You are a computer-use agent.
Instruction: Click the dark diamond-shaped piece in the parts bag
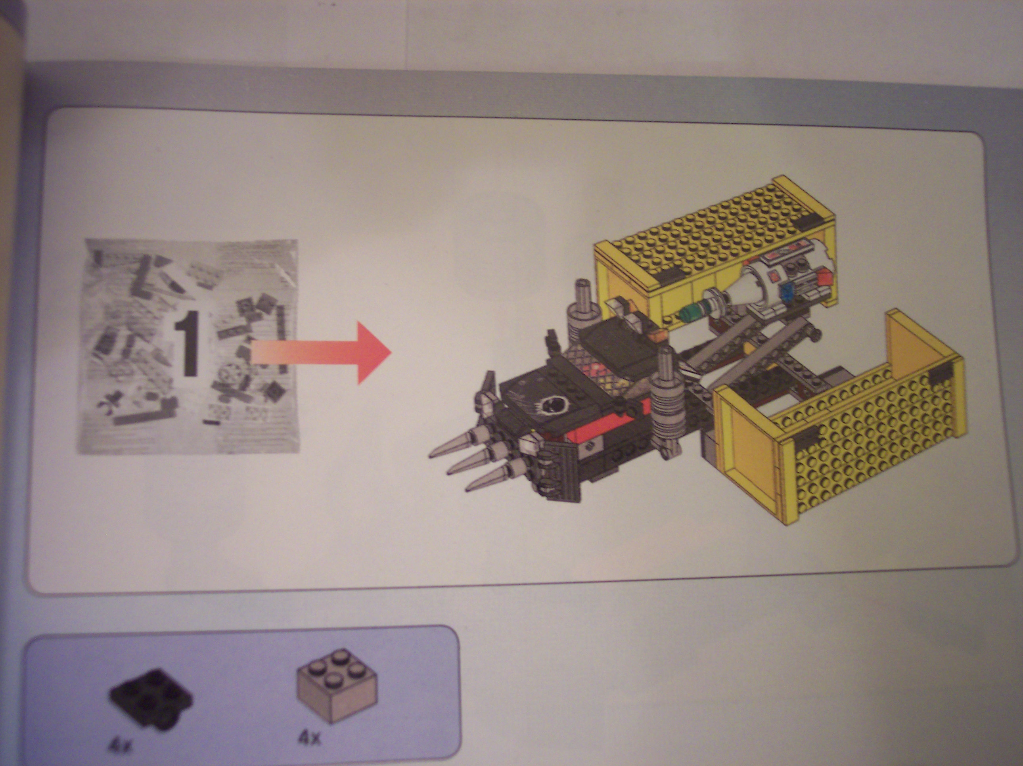[270, 391]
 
